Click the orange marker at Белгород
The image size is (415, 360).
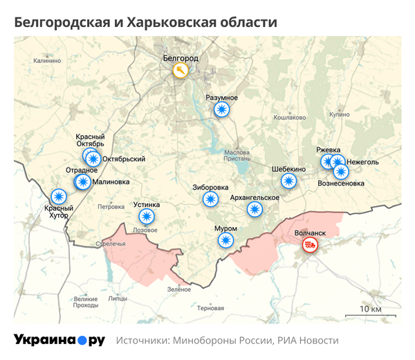coord(180,71)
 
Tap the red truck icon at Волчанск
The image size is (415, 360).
coord(311,245)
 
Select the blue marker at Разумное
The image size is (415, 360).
coord(221,109)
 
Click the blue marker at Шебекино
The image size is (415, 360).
coord(288,181)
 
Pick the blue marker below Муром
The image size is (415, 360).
coord(225,240)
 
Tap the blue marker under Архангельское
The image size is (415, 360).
coord(255,210)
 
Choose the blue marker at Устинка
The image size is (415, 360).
coord(146,216)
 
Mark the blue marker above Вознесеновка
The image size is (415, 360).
coord(341,172)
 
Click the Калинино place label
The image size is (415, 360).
coord(46,61)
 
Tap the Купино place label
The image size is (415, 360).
coord(340,113)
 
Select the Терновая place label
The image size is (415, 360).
coord(210,307)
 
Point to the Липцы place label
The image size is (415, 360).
coord(117,299)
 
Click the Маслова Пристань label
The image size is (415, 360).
coord(237,155)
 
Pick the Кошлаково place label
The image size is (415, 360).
coord(290,118)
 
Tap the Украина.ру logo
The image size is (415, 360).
coord(59,340)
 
